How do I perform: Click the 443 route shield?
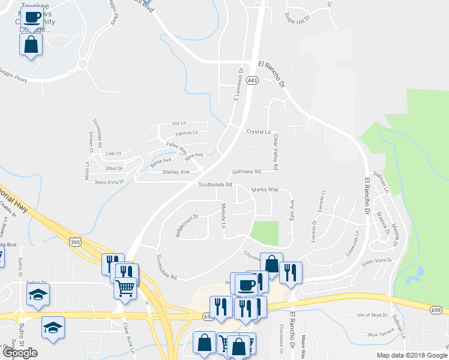tap(253, 80)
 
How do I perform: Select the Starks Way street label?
tap(265, 190)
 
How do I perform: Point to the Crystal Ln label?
tap(258, 131)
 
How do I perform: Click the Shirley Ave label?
tap(176, 172)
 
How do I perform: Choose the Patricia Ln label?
tap(187, 133)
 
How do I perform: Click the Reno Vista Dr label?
tap(109, 181)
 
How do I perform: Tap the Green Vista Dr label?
tap(376, 261)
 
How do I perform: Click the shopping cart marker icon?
tap(125, 288)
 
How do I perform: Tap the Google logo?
tap(20, 353)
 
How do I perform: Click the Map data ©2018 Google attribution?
tap(411, 355)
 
